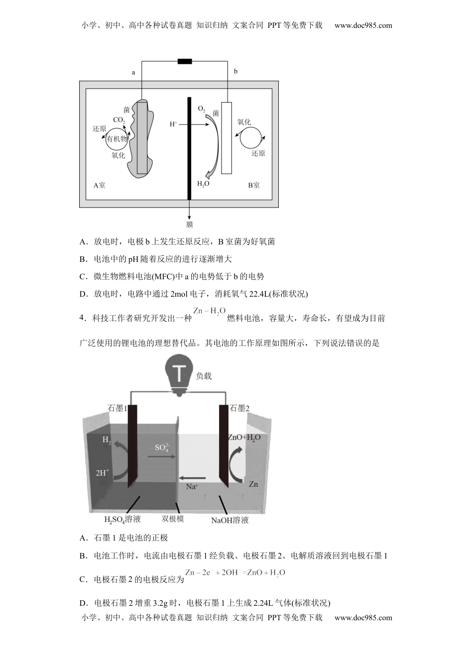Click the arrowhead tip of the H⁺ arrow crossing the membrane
[209, 124]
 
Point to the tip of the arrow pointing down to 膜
[189, 220]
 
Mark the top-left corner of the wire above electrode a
[141, 62]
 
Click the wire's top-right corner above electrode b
[228, 62]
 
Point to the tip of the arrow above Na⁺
[179, 478]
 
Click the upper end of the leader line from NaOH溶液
[219, 496]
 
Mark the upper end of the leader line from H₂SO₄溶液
[140, 496]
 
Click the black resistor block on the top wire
[185, 62]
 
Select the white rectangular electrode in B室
[227, 138]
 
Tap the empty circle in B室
[251, 138]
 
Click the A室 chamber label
[99, 185]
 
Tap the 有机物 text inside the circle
[117, 138]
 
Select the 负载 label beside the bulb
[204, 376]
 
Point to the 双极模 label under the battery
[173, 519]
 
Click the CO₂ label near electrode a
[119, 120]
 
